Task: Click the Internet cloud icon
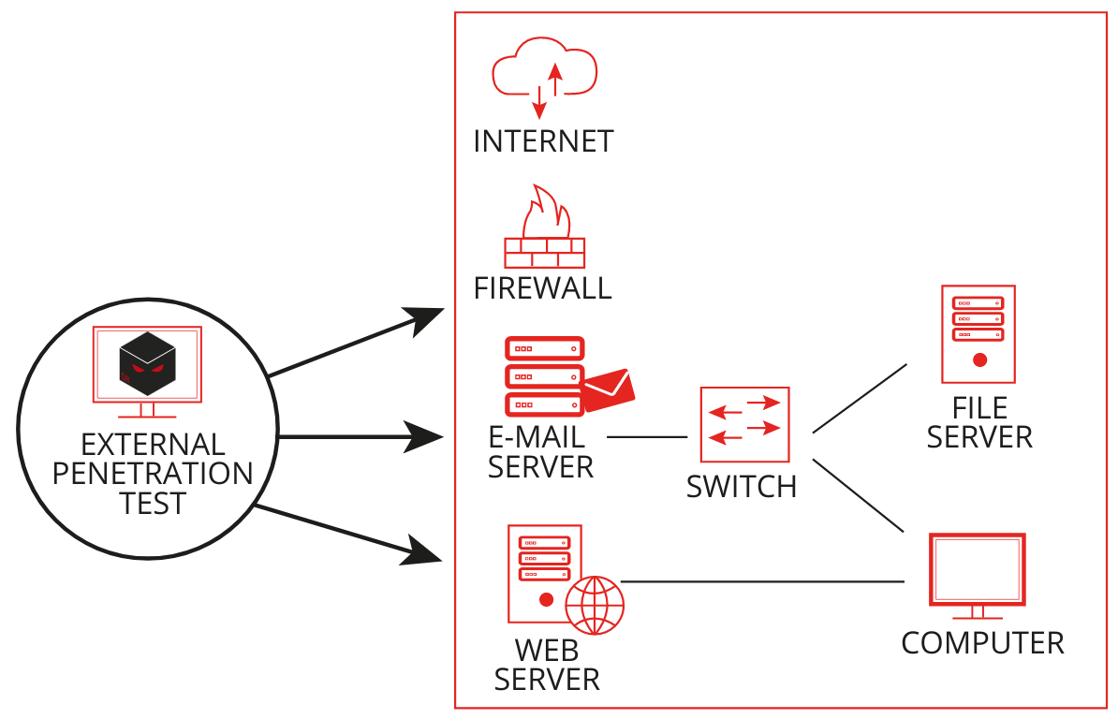coord(545,75)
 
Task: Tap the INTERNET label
coord(543,141)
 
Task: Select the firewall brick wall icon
coord(544,252)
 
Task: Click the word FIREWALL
coord(543,287)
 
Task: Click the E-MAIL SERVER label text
coord(540,451)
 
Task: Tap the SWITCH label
coord(742,487)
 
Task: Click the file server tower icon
coord(978,334)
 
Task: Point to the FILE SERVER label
coord(979,422)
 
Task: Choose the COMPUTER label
coord(982,643)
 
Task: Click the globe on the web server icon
coord(595,605)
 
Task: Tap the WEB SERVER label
coord(547,664)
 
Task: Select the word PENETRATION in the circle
coord(153,473)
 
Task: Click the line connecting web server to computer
coord(763,581)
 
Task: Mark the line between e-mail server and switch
coord(647,437)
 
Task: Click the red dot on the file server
coord(979,359)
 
